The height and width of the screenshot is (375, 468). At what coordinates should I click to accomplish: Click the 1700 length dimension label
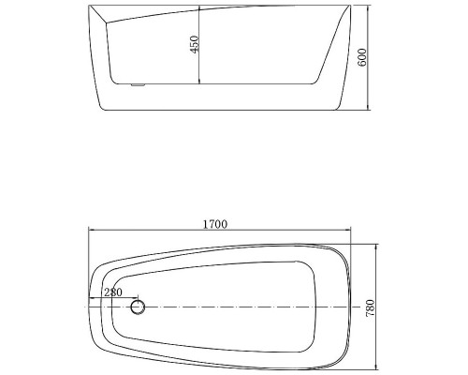point(215,224)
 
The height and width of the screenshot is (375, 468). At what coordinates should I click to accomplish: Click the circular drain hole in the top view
point(139,307)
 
